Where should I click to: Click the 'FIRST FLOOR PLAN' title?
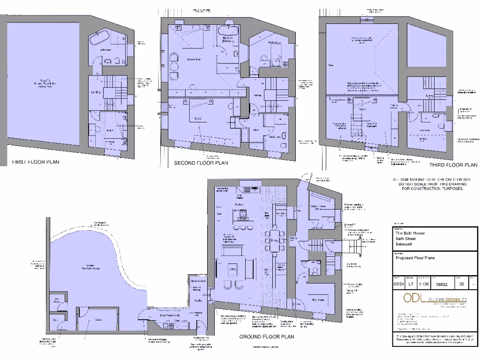(x=36, y=162)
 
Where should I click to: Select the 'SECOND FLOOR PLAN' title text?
(x=201, y=163)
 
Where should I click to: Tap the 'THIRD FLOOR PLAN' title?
(x=453, y=165)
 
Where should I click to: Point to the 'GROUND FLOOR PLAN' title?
(x=267, y=337)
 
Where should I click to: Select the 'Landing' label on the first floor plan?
(x=96, y=92)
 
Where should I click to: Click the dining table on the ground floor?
(x=272, y=240)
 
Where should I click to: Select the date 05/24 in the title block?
(x=398, y=284)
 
